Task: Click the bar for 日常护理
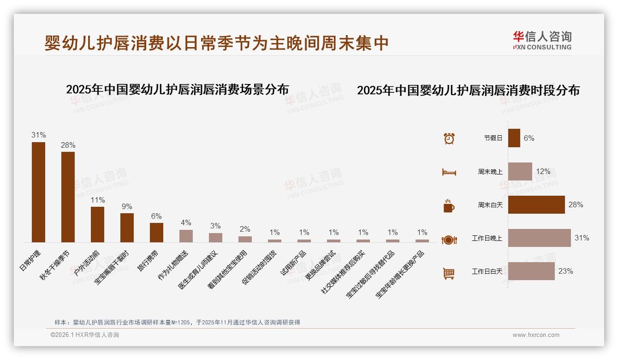[38, 192]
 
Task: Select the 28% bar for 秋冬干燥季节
[68, 197]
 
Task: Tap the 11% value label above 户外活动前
[98, 200]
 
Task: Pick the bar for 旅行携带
[157, 233]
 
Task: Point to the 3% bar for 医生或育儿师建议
[215, 238]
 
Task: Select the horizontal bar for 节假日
[514, 138]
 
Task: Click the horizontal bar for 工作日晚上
[540, 238]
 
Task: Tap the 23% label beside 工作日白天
[565, 271]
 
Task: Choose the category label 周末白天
[490, 205]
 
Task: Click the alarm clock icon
[449, 138]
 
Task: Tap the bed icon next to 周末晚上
[449, 172]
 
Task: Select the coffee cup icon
[449, 206]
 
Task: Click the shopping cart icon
[449, 273]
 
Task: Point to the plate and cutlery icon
[449, 240]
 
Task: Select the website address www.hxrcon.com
[536, 335]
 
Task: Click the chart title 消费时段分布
[468, 90]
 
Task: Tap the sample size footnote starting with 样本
[177, 322]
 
